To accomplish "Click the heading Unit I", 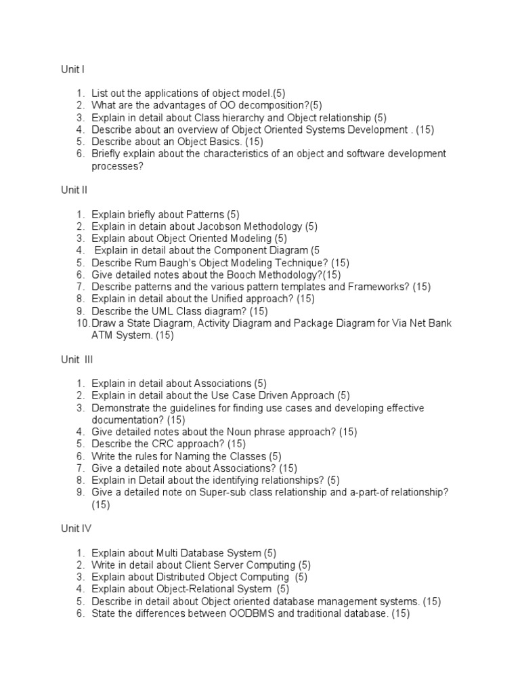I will [x=72, y=68].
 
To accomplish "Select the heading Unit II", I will [x=74, y=190].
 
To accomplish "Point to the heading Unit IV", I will [x=76, y=529].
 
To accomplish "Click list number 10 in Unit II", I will [x=83, y=324].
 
